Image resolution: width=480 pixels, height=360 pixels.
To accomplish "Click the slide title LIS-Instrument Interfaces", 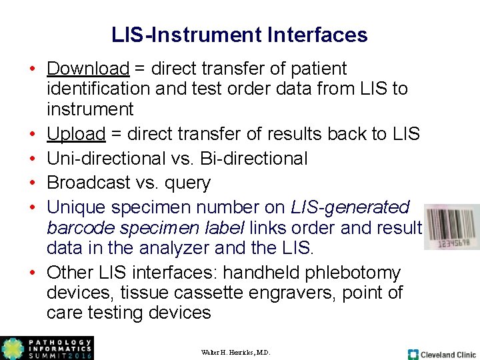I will click(x=239, y=35).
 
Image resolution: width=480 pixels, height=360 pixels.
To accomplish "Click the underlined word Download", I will click(x=87, y=69).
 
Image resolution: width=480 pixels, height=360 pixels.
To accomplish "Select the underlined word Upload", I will click(x=76, y=134).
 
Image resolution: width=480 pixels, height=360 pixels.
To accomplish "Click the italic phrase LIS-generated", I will click(x=350, y=207).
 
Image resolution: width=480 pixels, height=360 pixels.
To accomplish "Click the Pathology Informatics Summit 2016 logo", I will click(x=47, y=348).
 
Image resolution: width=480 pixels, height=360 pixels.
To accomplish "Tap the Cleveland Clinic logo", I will click(x=442, y=354).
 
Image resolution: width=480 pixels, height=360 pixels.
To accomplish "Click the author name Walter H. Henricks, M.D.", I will click(x=235, y=352).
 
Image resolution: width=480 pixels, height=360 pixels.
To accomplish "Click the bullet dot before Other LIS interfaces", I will click(x=32, y=273).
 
